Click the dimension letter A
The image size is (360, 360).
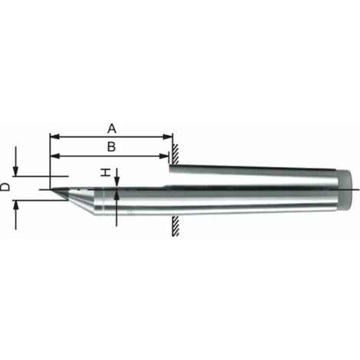click(112, 129)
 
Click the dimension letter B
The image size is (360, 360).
click(111, 147)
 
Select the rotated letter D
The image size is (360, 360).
click(5, 187)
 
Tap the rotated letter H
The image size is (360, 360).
click(105, 172)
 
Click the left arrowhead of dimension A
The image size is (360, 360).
click(54, 136)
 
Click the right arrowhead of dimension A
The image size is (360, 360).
click(168, 136)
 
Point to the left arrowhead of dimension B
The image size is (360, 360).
click(54, 156)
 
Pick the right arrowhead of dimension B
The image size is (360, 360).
click(164, 156)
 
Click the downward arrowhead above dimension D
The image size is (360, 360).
click(16, 171)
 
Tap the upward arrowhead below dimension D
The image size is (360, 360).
click(16, 205)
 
